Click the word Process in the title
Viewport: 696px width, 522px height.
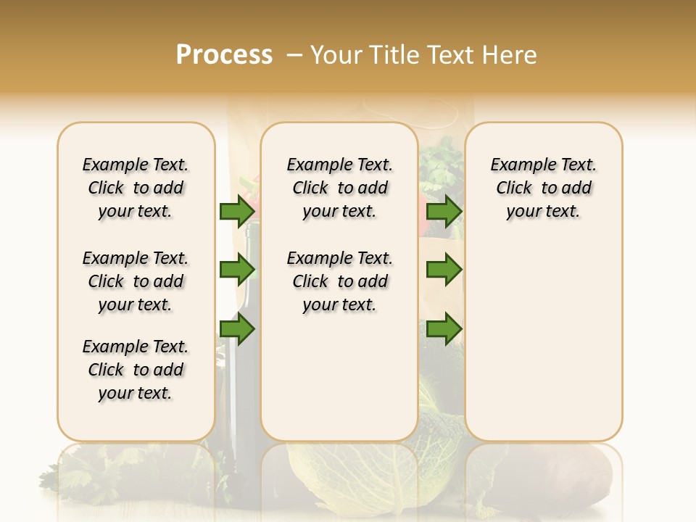[x=224, y=55]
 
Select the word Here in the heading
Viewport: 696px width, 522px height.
[x=510, y=55]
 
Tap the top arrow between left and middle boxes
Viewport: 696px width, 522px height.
[x=237, y=212]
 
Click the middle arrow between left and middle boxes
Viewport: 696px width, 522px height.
[x=237, y=270]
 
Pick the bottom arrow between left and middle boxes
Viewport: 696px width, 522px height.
[x=237, y=329]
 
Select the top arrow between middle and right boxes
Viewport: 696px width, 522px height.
[x=444, y=212]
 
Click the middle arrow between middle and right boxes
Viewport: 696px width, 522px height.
[x=444, y=270]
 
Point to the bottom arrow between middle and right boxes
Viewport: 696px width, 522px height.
[x=444, y=329]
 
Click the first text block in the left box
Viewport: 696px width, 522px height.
[x=136, y=188]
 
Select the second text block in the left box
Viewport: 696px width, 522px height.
[x=136, y=281]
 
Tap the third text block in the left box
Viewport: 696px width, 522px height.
[x=136, y=370]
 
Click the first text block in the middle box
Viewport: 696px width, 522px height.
[x=339, y=188]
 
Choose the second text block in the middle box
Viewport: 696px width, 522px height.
[x=339, y=281]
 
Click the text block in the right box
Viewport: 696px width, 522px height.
[x=544, y=188]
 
